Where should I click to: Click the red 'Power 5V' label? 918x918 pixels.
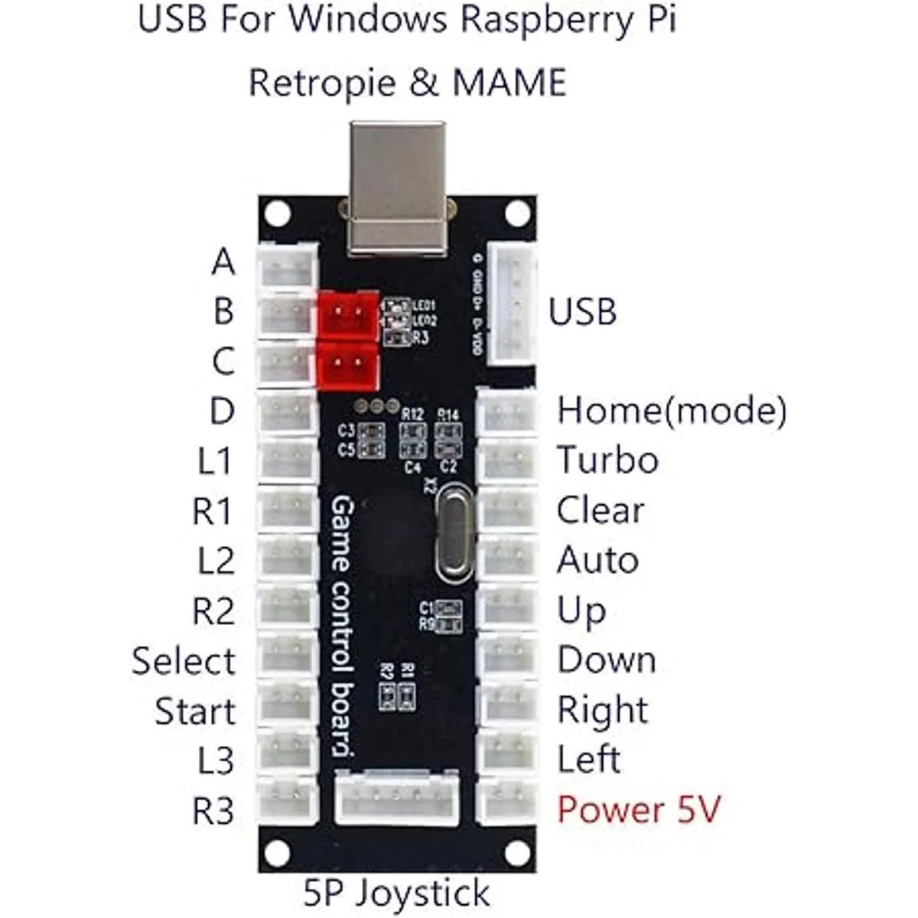(639, 809)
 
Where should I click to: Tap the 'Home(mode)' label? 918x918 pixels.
(671, 411)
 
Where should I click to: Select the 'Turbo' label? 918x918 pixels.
(607, 461)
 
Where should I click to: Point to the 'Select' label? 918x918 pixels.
(184, 661)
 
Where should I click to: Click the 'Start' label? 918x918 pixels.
(195, 711)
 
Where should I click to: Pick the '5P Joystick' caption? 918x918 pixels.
(396, 892)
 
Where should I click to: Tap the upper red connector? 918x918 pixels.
(348, 314)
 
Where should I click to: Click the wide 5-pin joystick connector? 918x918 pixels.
(397, 797)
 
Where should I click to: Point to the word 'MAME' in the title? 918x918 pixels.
(509, 83)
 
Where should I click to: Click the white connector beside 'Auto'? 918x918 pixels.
(507, 558)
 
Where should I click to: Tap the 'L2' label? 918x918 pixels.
(216, 561)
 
